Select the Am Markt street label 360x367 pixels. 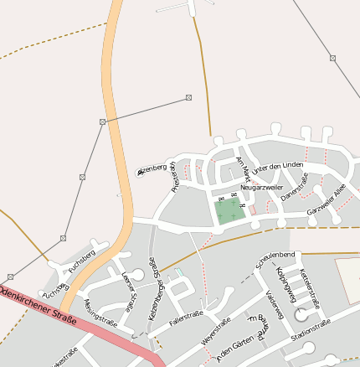243,169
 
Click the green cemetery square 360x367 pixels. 230,211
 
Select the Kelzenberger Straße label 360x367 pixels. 156,284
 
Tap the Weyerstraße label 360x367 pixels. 217,333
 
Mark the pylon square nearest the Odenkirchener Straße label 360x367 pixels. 10,277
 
